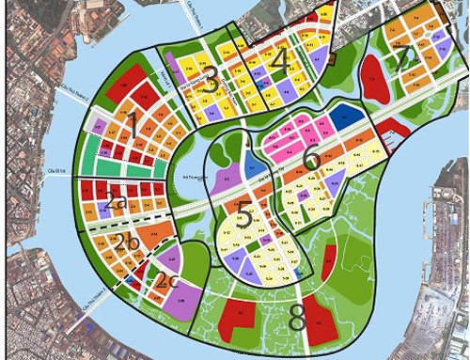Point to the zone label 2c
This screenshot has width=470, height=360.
(x=168, y=279)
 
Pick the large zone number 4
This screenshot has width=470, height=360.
(x=278, y=60)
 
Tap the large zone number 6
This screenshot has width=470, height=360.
(x=312, y=159)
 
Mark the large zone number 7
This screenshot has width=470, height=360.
(x=405, y=60)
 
